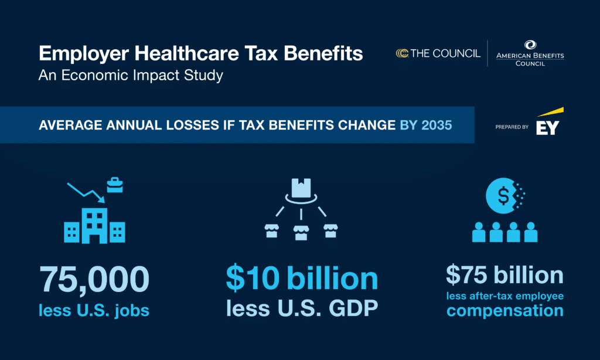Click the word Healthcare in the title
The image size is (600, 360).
(x=186, y=54)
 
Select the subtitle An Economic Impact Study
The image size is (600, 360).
(x=131, y=76)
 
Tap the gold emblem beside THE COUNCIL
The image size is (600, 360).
(x=402, y=53)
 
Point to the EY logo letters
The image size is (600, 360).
(x=547, y=128)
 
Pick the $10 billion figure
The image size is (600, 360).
(x=302, y=279)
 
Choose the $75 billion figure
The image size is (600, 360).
(x=504, y=275)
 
